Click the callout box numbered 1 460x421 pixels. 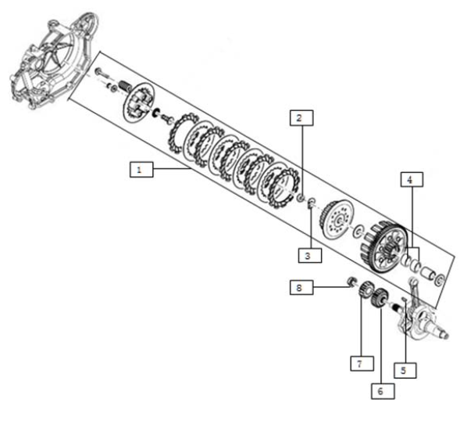point(141,169)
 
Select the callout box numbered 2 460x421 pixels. point(301,118)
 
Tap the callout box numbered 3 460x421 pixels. point(310,255)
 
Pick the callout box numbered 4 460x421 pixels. point(412,179)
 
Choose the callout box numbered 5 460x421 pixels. point(405,370)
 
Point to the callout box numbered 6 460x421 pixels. point(383,391)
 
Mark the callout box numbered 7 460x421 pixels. point(362,363)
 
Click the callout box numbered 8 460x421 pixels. point(301,287)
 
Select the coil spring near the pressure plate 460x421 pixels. point(127,85)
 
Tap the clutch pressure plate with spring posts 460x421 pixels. point(139,103)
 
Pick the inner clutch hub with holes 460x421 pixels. point(336,219)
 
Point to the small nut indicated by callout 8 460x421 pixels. point(351,281)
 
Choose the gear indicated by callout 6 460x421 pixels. point(379,297)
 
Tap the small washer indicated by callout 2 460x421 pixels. point(301,197)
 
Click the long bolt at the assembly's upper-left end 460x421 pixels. point(102,74)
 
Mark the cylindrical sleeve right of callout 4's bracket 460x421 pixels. point(428,273)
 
